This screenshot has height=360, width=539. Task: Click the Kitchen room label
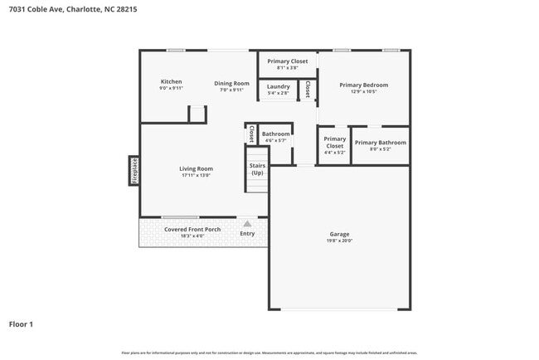pyautogui.click(x=171, y=81)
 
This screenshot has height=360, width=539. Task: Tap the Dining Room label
pyautogui.click(x=231, y=83)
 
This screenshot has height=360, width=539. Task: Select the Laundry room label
pyautogui.click(x=278, y=86)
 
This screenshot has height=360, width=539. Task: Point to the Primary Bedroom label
pyautogui.click(x=363, y=85)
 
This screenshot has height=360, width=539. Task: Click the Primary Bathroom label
pyautogui.click(x=381, y=143)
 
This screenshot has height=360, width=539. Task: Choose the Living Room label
pyautogui.click(x=196, y=168)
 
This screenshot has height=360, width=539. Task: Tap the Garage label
pyautogui.click(x=340, y=234)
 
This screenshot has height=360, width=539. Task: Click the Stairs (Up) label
pyautogui.click(x=257, y=169)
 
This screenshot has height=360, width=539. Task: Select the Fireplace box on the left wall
pyautogui.click(x=134, y=170)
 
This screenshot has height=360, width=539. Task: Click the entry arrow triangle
pyautogui.click(x=247, y=223)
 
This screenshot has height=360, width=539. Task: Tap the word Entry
pyautogui.click(x=247, y=234)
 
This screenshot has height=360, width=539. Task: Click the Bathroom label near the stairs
pyautogui.click(x=275, y=134)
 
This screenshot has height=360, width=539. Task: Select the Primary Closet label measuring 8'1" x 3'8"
pyautogui.click(x=288, y=61)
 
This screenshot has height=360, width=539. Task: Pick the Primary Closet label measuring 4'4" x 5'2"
pyautogui.click(x=335, y=143)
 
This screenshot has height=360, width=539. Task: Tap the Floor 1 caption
pyautogui.click(x=21, y=324)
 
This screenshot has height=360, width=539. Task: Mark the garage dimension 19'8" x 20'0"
pyautogui.click(x=340, y=241)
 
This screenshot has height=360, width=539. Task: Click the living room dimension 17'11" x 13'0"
pyautogui.click(x=196, y=175)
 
